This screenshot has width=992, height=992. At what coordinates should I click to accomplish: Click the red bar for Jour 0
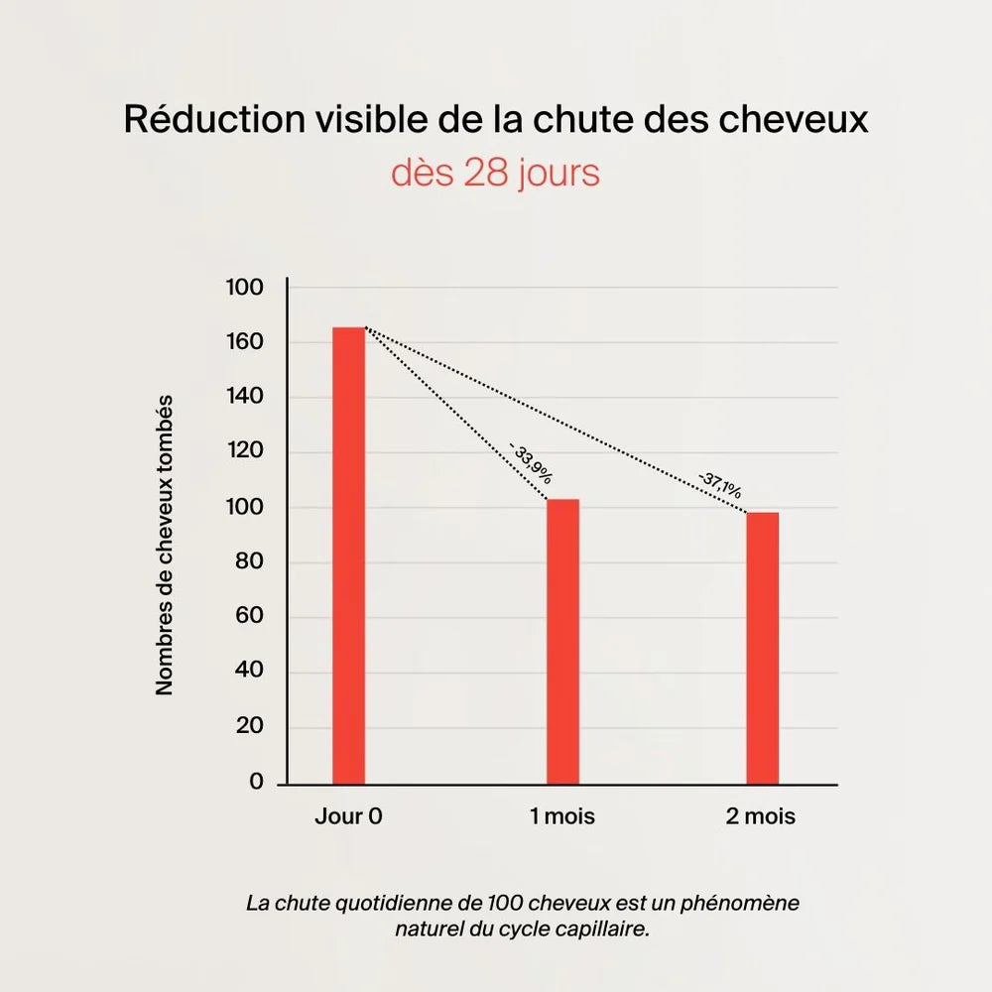(348, 556)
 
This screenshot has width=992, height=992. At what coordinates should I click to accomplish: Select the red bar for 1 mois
(562, 641)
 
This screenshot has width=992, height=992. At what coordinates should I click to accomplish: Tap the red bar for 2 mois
(762, 648)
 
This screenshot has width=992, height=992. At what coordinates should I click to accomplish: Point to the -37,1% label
(719, 485)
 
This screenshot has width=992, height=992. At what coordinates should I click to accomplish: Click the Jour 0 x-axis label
(348, 817)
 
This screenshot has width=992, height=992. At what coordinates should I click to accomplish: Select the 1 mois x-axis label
(562, 817)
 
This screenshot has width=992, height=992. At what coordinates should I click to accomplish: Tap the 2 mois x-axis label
(762, 817)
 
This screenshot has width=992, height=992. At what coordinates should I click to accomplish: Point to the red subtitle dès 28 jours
(495, 173)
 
